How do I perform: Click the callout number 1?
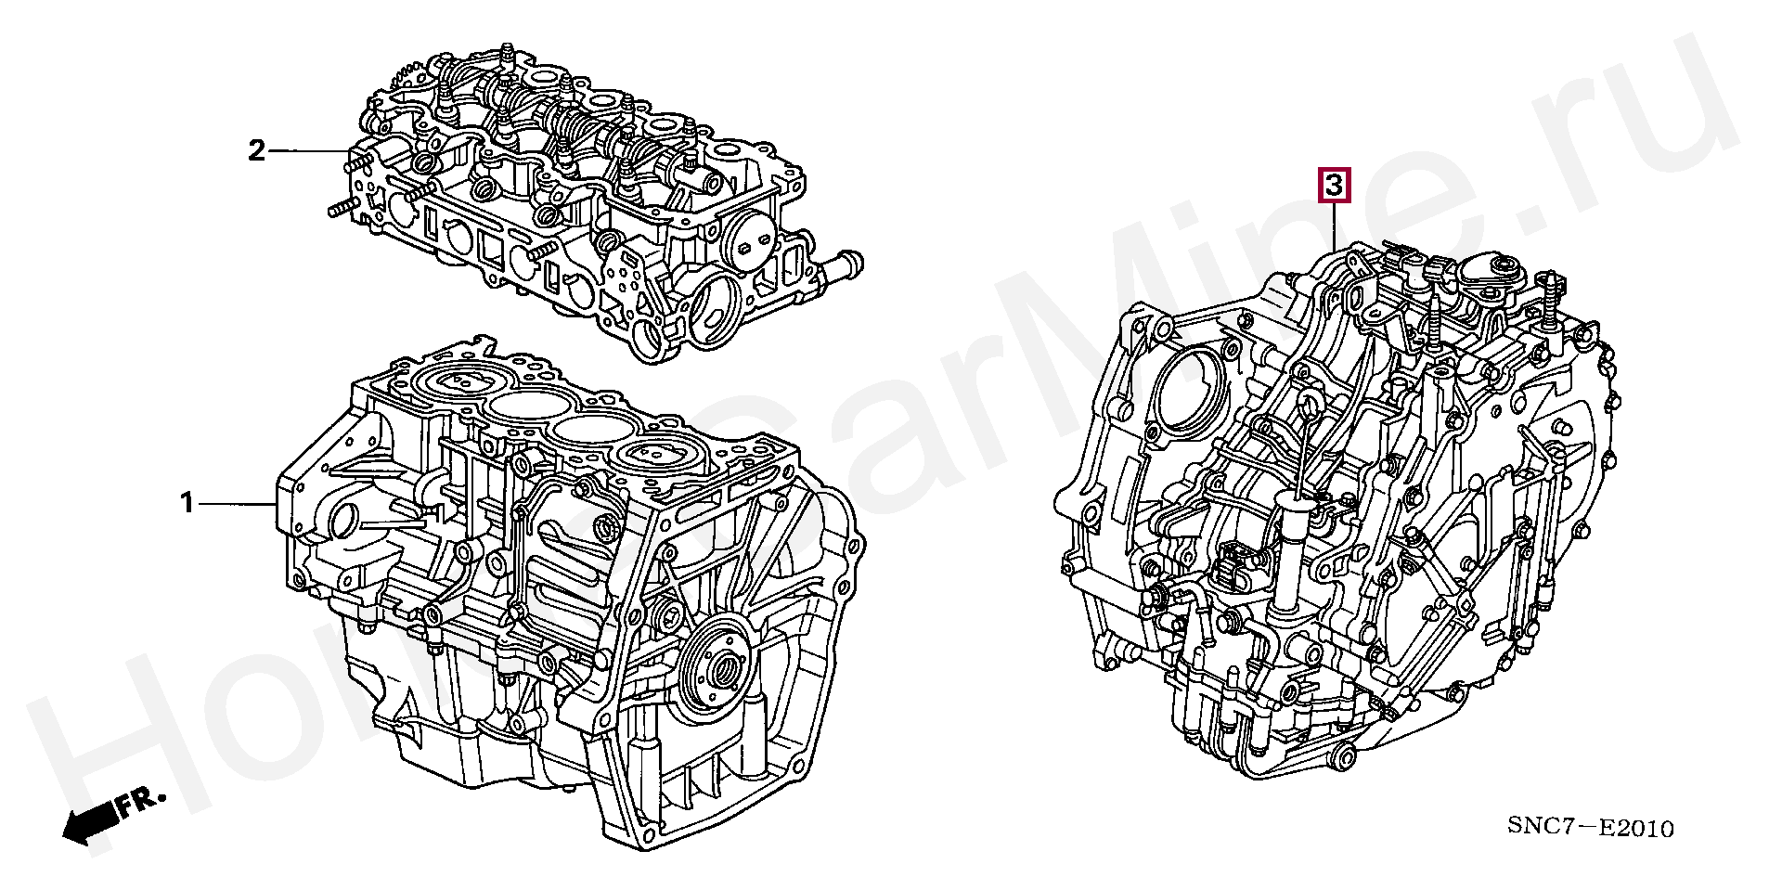pyautogui.click(x=187, y=504)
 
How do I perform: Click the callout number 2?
pyautogui.click(x=256, y=150)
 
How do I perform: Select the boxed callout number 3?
pyautogui.click(x=1333, y=186)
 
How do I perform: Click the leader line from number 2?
pyautogui.click(x=308, y=150)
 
